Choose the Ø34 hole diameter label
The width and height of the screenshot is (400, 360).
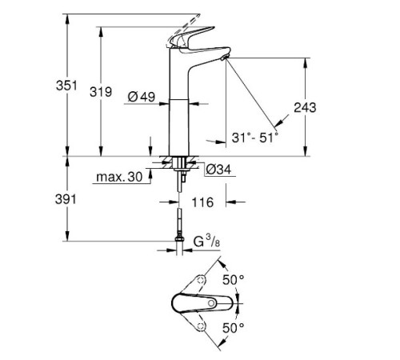coord(218,170)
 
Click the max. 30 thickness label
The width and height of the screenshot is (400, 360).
coord(118,175)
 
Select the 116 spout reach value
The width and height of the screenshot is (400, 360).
coord(205,203)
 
